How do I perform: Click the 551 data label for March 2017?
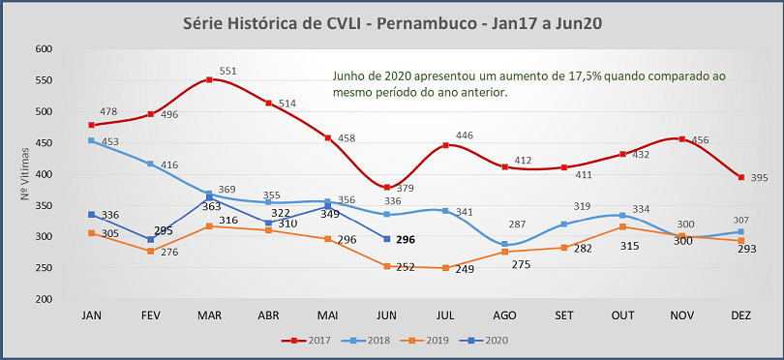click(227, 71)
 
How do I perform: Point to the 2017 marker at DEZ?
click(740, 177)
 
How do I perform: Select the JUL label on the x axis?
click(444, 315)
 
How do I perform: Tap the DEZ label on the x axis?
click(740, 315)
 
